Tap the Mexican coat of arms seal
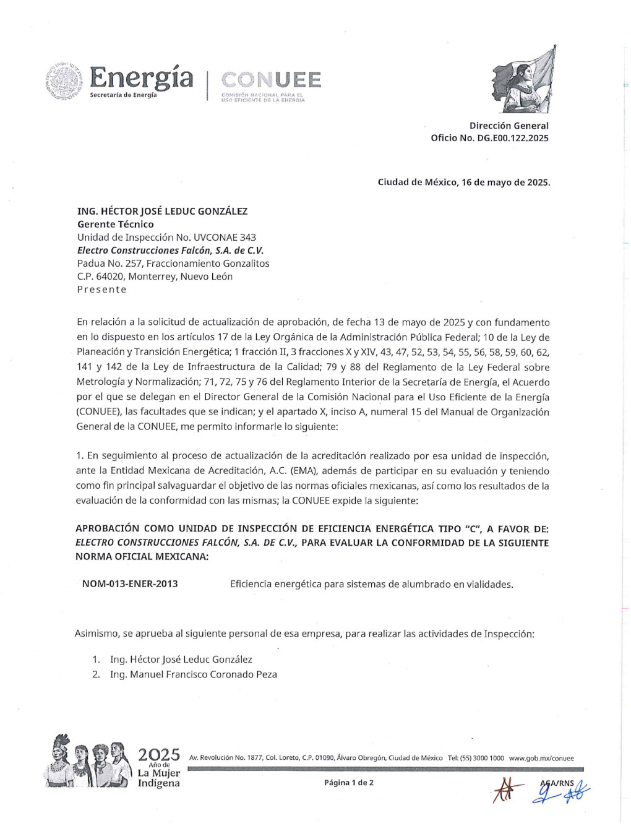tap(64, 81)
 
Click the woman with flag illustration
tap(523, 80)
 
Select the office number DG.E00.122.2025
tap(512, 138)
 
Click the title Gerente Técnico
tap(116, 224)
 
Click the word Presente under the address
tap(101, 289)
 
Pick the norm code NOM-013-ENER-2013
tap(130, 583)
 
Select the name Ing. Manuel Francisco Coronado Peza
tap(194, 674)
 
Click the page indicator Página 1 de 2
tap(348, 782)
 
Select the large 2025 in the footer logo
tap(159, 754)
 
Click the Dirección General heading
tap(509, 126)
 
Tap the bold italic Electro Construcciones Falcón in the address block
tap(170, 250)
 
